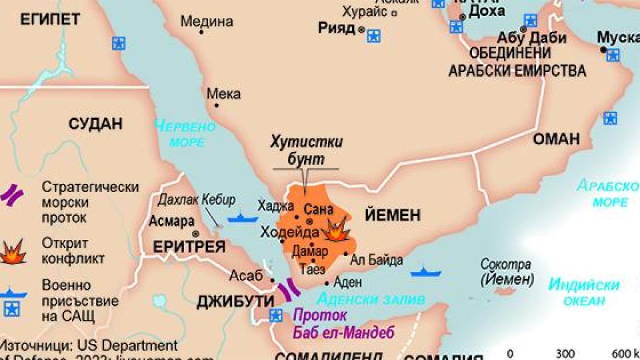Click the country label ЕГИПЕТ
pyautogui.click(x=50, y=19)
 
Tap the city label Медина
pyautogui.click(x=207, y=21)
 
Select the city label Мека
pyautogui.click(x=223, y=94)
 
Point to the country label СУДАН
pyautogui.click(x=96, y=124)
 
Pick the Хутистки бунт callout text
pyautogui.click(x=307, y=150)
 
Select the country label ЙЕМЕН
pyautogui.click(x=393, y=215)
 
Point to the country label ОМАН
pyautogui.click(x=556, y=139)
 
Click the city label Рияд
pyautogui.click(x=337, y=28)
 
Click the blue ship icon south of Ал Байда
pyautogui.click(x=425, y=272)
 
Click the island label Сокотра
pyautogui.click(x=506, y=265)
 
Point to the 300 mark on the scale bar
pyautogui.click(x=565, y=353)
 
